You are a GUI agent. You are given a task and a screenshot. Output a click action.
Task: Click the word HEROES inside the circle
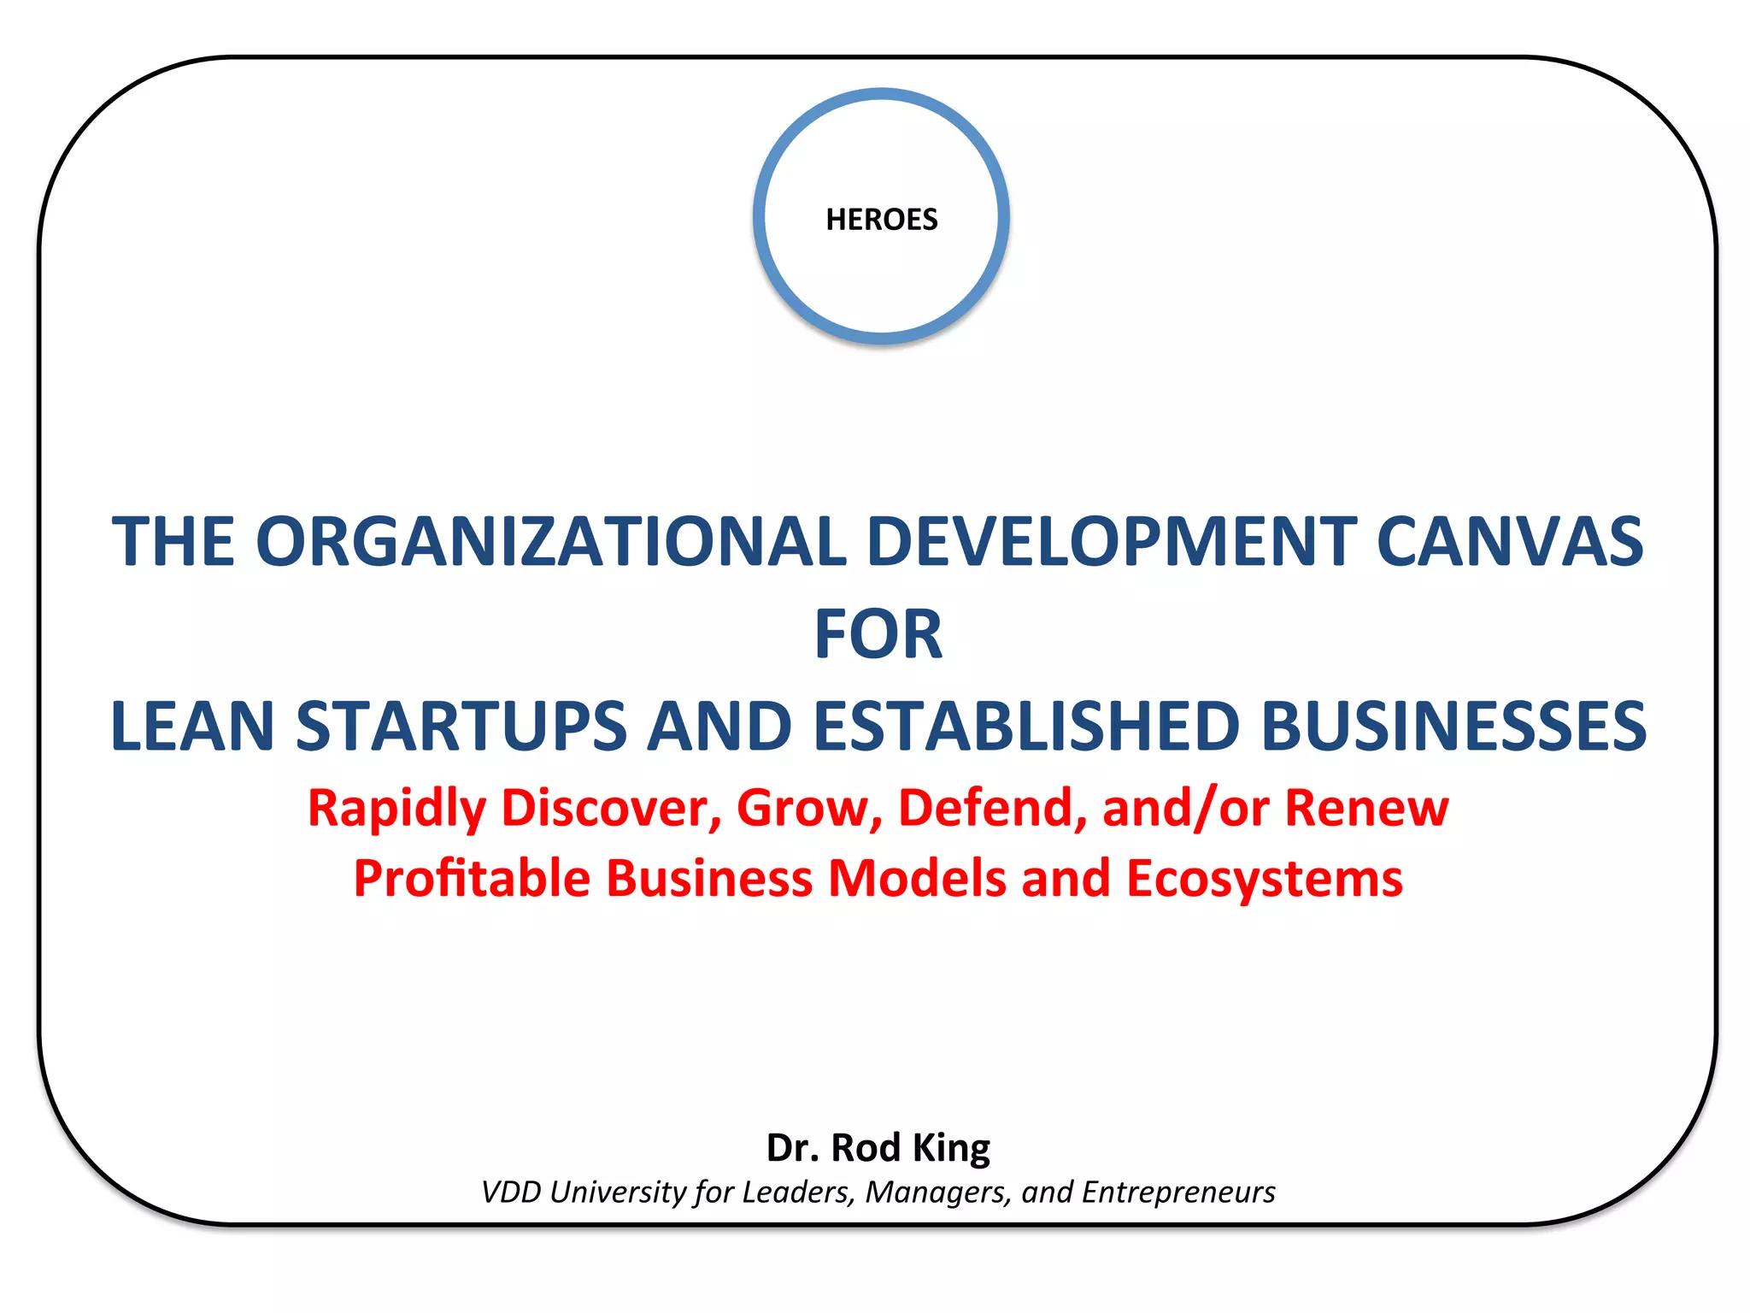(881, 220)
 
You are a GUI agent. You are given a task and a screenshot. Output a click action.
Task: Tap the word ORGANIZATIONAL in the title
(551, 541)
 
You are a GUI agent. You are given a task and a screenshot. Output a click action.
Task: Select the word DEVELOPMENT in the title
(1112, 541)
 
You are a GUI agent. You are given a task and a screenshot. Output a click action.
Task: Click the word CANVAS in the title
(1510, 541)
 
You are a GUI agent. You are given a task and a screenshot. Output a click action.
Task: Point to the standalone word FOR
(878, 634)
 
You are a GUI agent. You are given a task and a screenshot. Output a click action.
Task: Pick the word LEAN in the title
(192, 726)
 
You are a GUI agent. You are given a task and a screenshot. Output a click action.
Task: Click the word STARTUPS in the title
(461, 726)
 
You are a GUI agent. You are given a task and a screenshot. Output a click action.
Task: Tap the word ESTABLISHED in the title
(1026, 726)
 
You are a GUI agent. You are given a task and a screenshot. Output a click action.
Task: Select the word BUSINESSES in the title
(1453, 726)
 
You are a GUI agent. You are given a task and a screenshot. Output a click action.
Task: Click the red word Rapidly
(396, 809)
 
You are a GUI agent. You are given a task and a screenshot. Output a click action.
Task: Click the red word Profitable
(472, 879)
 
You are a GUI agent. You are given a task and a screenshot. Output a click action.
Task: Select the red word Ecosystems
(1264, 879)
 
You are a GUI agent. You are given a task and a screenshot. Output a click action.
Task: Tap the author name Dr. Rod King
(878, 1148)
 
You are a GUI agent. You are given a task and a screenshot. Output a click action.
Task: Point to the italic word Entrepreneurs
(1178, 1192)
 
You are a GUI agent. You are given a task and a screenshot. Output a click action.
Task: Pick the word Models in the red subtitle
(918, 879)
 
